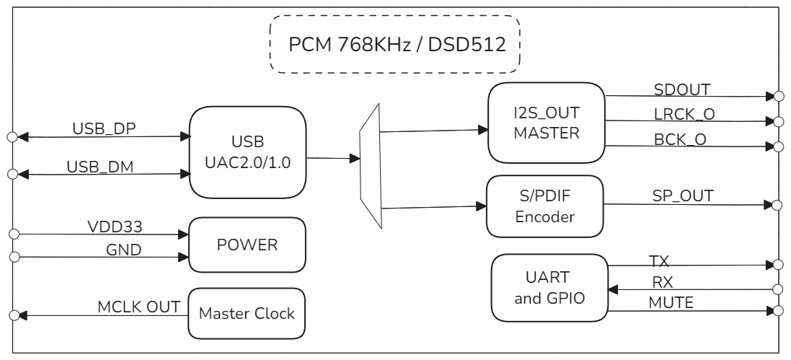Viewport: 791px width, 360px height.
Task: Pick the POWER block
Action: pos(247,245)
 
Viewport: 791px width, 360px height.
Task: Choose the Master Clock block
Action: pos(247,314)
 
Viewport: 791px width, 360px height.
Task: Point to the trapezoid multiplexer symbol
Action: pos(370,164)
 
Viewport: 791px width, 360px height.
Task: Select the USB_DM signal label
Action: pos(100,166)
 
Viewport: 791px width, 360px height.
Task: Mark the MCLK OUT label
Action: pos(138,307)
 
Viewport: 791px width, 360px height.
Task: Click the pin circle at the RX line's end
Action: pos(777,289)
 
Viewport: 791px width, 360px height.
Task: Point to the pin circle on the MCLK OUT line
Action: pos(12,315)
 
